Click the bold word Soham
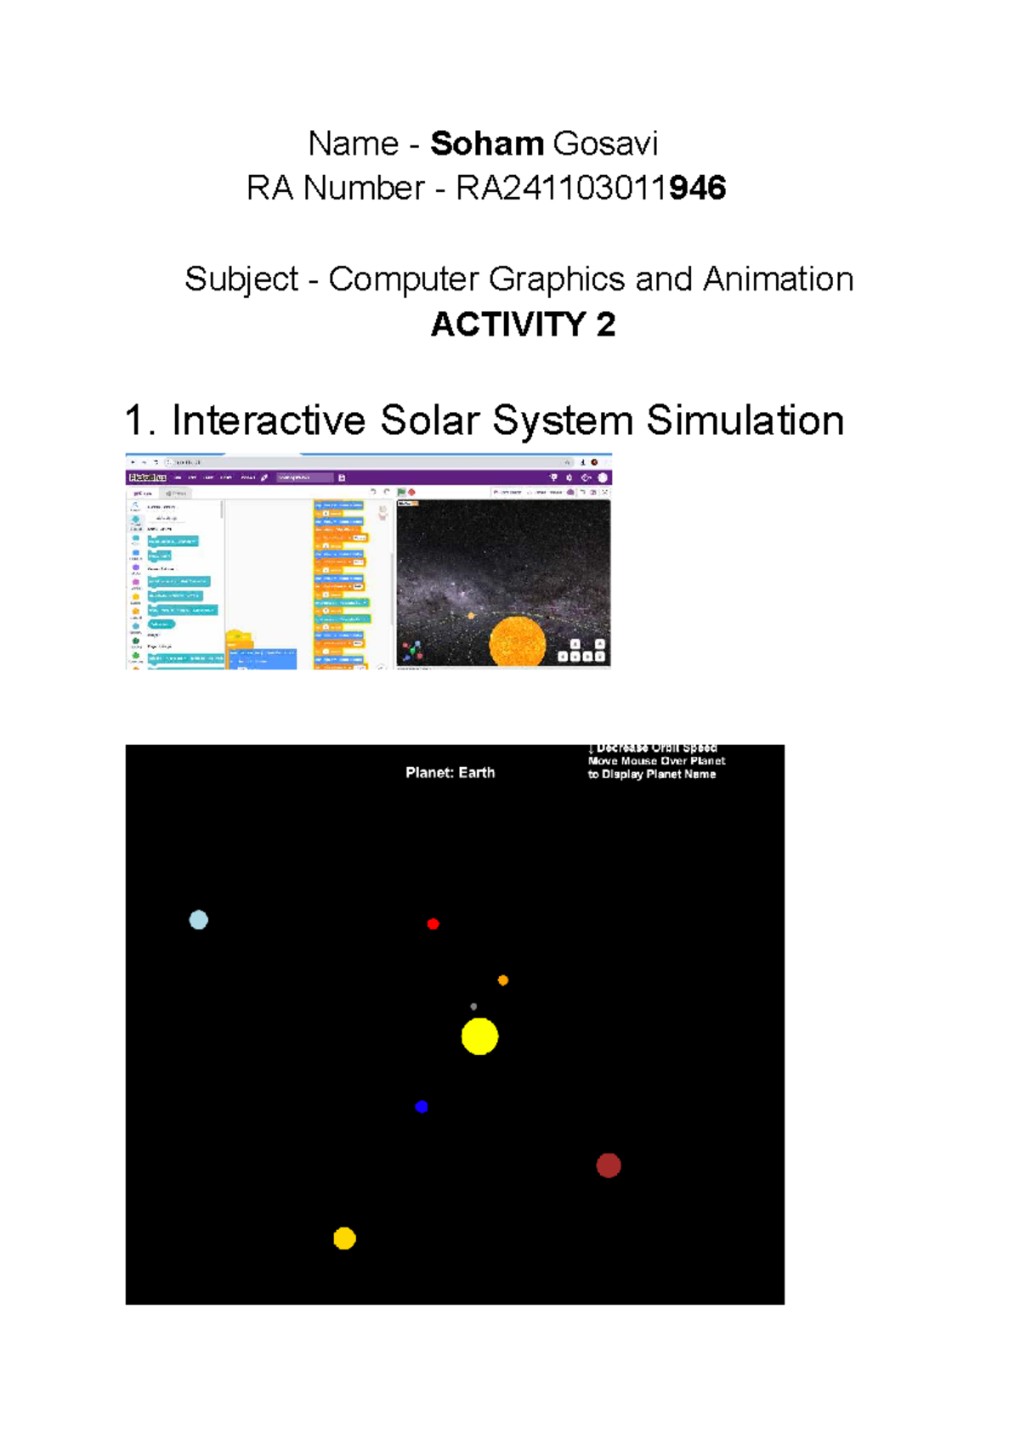(x=486, y=144)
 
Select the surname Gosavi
(x=605, y=144)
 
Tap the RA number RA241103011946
(x=591, y=189)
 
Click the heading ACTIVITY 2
(x=523, y=324)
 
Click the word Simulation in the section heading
(x=745, y=420)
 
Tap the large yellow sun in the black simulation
(x=479, y=1036)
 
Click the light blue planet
(x=199, y=920)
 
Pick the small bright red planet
(x=433, y=924)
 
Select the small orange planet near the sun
(x=503, y=980)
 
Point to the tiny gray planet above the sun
(x=473, y=1007)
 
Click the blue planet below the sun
(x=422, y=1107)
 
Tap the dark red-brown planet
(x=609, y=1165)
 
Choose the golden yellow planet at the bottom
(x=344, y=1239)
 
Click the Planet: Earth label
(x=450, y=773)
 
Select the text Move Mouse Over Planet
(x=656, y=761)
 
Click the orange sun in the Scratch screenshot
(x=517, y=641)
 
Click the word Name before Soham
(x=353, y=144)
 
